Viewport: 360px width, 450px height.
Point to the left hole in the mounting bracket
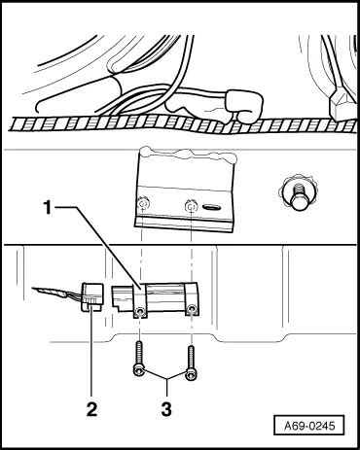(143, 205)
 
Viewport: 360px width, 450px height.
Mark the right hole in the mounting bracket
(190, 206)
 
